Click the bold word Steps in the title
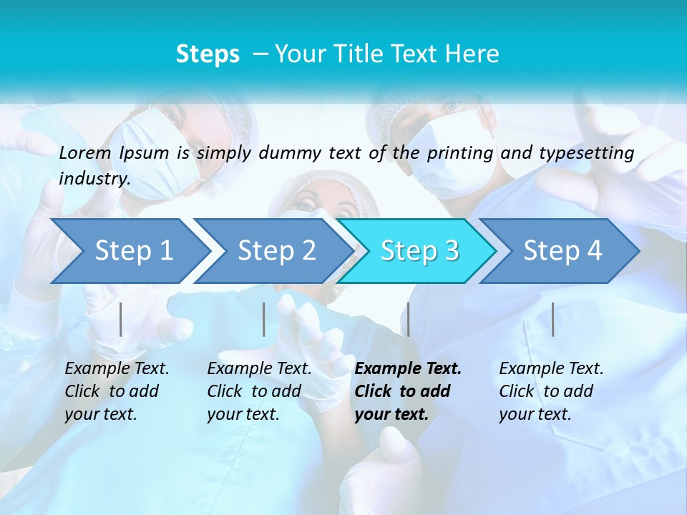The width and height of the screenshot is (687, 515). pos(208,54)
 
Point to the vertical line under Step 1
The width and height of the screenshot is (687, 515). pos(121,319)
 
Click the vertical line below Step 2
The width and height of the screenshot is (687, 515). pos(264,319)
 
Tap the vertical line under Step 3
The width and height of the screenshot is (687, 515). pos(408,319)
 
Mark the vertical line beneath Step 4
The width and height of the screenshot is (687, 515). pos(552,319)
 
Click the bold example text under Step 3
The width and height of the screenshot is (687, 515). pos(408,391)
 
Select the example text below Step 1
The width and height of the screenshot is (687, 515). pos(117,391)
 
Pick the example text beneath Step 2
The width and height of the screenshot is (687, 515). pos(259,391)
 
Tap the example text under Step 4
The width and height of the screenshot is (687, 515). pos(551,391)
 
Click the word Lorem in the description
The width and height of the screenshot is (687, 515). pos(84,153)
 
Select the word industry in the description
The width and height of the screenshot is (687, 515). pos(94,179)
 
